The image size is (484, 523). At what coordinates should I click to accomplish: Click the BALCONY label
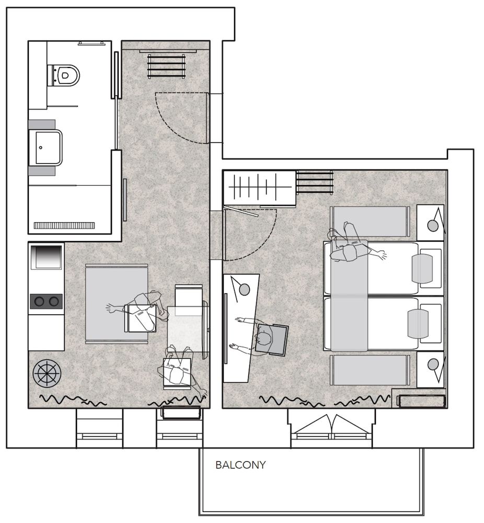point(240,465)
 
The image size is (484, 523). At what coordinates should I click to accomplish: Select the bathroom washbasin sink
point(45,147)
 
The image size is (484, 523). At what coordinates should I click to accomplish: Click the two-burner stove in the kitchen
point(46,301)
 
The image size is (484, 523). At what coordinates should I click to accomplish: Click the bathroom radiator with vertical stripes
point(64,225)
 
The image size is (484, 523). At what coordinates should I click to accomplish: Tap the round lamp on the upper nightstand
point(433,225)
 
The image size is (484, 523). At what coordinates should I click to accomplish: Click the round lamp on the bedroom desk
point(244,288)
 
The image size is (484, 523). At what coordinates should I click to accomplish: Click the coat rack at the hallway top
point(166,65)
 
